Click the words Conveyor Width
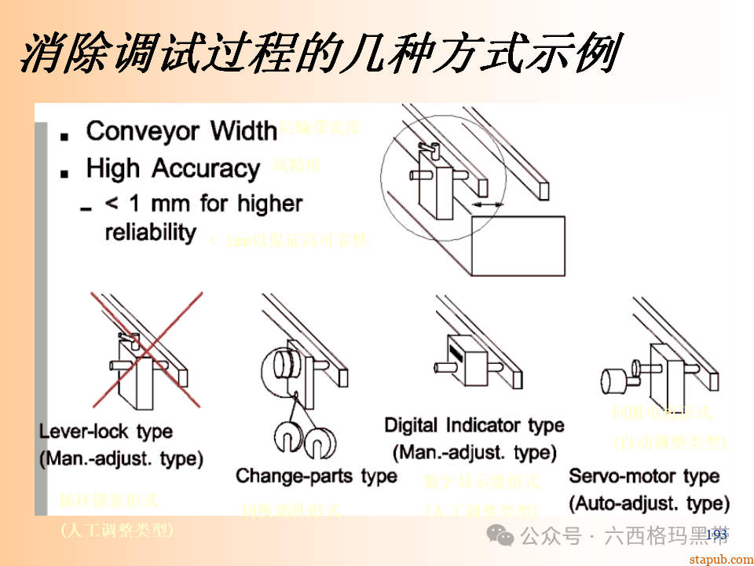tap(181, 130)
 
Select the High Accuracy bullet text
tap(173, 168)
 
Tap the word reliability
tap(150, 233)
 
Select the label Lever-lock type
tap(106, 432)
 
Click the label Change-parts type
tap(316, 476)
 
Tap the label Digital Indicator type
tap(474, 425)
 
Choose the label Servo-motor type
tap(644, 476)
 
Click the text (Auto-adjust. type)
tap(649, 502)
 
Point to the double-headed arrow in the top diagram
tap(488, 204)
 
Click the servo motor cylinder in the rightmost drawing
tap(614, 380)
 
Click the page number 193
tap(716, 535)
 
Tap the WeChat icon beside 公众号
tap(500, 535)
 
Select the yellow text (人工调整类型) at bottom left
tap(116, 531)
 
